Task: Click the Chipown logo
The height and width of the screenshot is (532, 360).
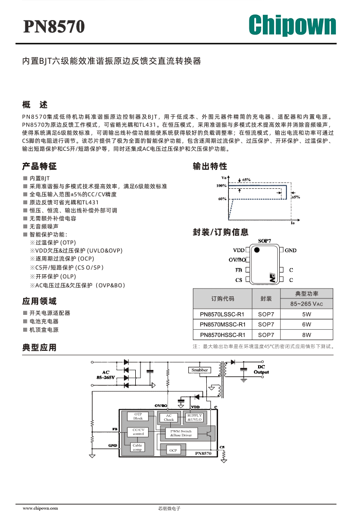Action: coord(292,25)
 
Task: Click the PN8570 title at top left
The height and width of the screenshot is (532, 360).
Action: coord(54,27)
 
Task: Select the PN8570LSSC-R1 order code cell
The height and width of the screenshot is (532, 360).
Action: coord(222,314)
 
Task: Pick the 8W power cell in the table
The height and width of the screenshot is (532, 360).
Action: coord(307,335)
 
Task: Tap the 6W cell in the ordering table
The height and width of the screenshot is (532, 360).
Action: coord(307,324)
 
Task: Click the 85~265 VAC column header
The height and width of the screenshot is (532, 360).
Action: coord(307,304)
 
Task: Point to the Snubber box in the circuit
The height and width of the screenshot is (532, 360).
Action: coord(200,370)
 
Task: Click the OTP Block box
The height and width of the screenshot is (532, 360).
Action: coord(138,416)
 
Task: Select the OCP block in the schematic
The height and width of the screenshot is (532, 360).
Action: coord(173,450)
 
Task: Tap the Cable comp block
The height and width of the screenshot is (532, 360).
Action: coord(137,447)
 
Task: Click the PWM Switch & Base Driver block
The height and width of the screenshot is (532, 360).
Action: coord(181,433)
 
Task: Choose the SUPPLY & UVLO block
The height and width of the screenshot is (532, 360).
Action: coord(194,417)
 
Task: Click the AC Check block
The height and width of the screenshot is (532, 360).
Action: coord(169,418)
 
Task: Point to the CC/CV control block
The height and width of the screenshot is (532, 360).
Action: coord(138,432)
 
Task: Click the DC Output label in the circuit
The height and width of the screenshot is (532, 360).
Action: coord(261,369)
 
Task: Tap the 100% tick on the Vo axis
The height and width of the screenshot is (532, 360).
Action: coord(221,186)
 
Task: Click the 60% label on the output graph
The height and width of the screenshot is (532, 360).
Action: coord(222,199)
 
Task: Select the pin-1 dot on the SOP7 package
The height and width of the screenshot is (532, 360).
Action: coord(257,250)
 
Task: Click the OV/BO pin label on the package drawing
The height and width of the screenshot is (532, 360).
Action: coord(237,260)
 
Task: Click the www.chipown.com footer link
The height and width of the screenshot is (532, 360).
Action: coord(40,508)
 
